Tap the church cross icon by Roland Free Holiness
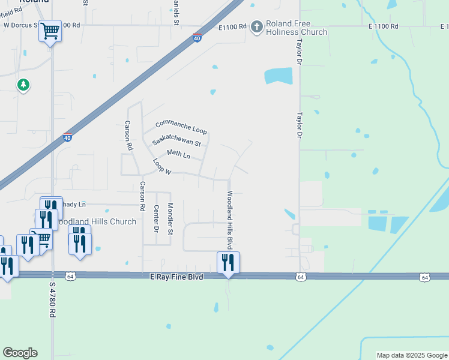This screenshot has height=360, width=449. (x=257, y=27)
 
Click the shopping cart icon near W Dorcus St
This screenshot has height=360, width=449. (x=50, y=30)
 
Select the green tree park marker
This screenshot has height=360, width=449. (x=23, y=85)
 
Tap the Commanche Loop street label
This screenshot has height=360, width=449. (x=181, y=127)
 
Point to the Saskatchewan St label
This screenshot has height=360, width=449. (x=176, y=142)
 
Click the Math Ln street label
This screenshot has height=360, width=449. (x=178, y=155)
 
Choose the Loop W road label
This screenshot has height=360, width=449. (x=162, y=167)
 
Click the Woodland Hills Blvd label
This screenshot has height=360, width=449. (x=229, y=220)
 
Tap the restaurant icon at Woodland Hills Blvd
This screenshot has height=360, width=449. (x=228, y=262)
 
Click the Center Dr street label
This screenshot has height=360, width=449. (x=156, y=218)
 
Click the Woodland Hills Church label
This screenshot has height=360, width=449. (x=98, y=221)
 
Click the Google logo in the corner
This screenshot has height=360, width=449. (x=20, y=353)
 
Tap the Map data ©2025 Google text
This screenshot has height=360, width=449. (x=412, y=355)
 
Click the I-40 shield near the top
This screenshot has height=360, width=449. (x=197, y=38)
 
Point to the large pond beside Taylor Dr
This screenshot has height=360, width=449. (x=279, y=76)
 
